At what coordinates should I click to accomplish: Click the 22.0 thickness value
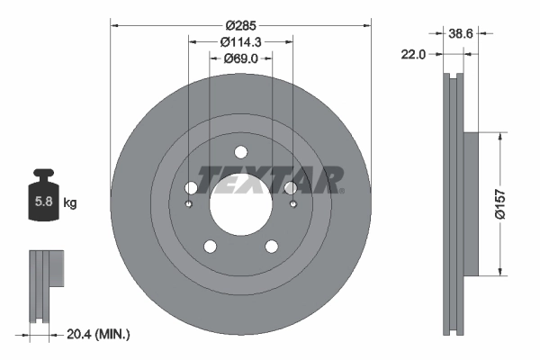(413, 55)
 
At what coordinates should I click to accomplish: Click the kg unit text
(70, 203)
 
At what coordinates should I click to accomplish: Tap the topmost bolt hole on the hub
(240, 151)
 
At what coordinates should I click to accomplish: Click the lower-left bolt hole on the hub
(210, 247)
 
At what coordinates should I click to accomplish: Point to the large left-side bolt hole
(191, 188)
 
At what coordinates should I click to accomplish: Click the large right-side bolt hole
(290, 188)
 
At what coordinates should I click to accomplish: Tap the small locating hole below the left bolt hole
(188, 204)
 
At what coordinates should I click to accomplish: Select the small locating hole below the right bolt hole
(292, 204)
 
